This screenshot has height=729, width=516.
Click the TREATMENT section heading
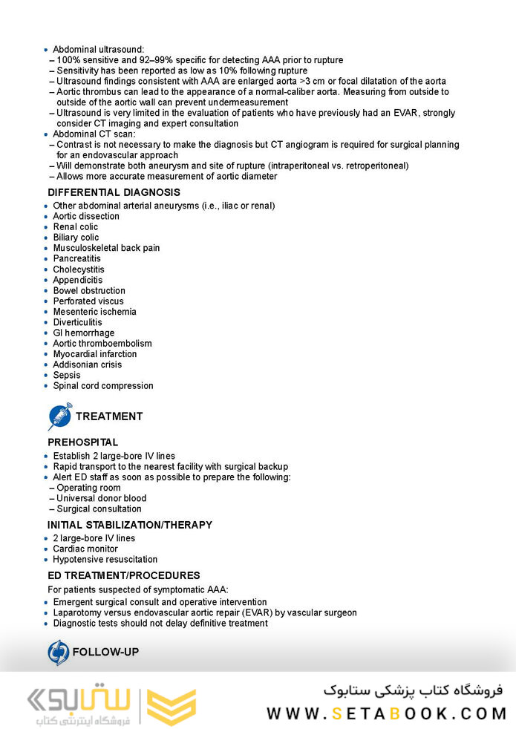pos(108,416)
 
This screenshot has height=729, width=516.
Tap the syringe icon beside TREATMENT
pos(59,416)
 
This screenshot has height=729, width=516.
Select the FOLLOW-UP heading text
pos(105,652)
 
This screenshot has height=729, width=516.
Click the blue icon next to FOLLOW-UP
pos(58,652)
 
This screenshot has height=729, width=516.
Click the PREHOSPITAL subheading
pos(82,442)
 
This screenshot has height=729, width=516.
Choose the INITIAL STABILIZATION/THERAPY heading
pos(129,525)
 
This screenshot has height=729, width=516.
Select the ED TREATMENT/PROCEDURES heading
pos(123,575)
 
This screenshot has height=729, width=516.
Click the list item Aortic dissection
pos(86,216)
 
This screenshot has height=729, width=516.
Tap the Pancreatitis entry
pos(76,258)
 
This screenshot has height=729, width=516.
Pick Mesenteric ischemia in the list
pos(94,312)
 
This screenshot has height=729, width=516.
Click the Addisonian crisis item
pos(87,364)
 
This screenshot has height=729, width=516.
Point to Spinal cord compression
pos(103,386)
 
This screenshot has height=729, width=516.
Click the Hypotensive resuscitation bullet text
pos(105,560)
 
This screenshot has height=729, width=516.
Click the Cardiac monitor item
pos(85,549)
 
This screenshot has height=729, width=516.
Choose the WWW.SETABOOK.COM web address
pos(386,713)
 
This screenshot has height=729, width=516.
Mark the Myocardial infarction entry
pos(94,354)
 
